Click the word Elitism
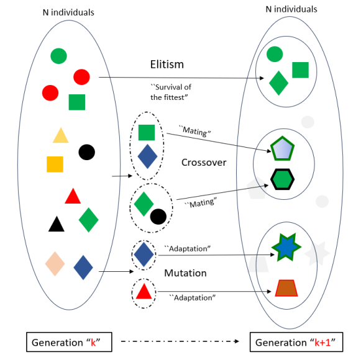click(167, 65)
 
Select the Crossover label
click(204, 163)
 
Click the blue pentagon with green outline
click(281, 150)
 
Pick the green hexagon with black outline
click(283, 179)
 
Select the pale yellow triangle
click(60, 136)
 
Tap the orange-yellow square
click(55, 164)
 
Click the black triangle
click(57, 225)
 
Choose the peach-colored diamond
click(55, 263)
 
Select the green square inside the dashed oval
click(147, 132)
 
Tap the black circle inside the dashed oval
click(158, 216)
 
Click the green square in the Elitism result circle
click(300, 70)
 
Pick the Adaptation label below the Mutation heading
click(193, 298)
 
